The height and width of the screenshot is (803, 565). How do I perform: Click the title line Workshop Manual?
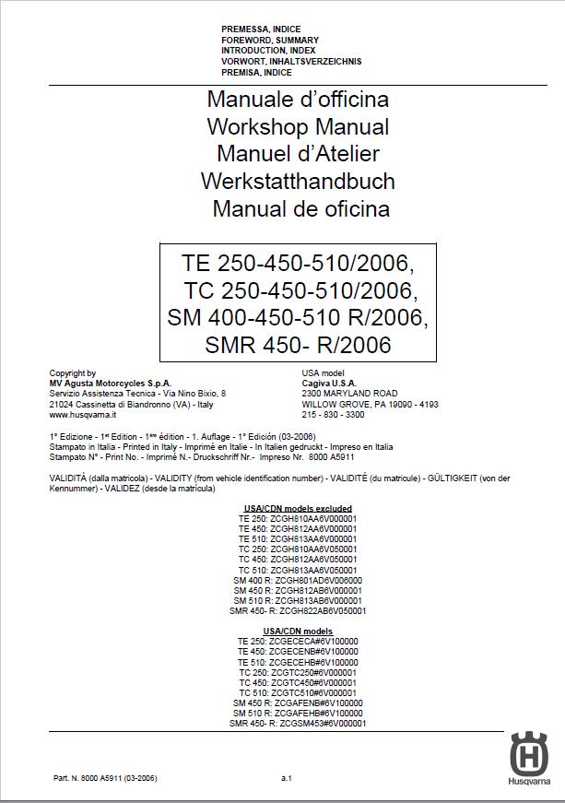(x=298, y=126)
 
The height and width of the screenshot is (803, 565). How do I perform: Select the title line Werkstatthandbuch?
(x=298, y=181)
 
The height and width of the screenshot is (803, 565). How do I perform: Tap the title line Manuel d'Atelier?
(x=298, y=154)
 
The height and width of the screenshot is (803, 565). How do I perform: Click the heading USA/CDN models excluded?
(x=298, y=508)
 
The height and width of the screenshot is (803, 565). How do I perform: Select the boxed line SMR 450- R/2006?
(x=299, y=346)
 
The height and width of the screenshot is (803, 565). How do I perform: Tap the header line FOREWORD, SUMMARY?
(x=270, y=41)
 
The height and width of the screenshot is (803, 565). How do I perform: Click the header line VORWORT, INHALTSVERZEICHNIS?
(x=291, y=62)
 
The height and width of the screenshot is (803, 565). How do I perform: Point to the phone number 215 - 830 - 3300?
(x=333, y=415)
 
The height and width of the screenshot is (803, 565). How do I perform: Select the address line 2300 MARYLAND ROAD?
(x=350, y=394)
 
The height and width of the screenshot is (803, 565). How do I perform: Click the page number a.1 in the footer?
(x=287, y=779)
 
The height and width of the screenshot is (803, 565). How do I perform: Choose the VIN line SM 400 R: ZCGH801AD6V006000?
(x=298, y=580)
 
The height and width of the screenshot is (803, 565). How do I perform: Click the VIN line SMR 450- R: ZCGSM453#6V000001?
(x=298, y=724)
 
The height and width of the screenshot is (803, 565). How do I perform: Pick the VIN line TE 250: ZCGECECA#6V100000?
(x=298, y=641)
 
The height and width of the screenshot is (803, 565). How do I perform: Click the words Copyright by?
(x=73, y=373)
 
